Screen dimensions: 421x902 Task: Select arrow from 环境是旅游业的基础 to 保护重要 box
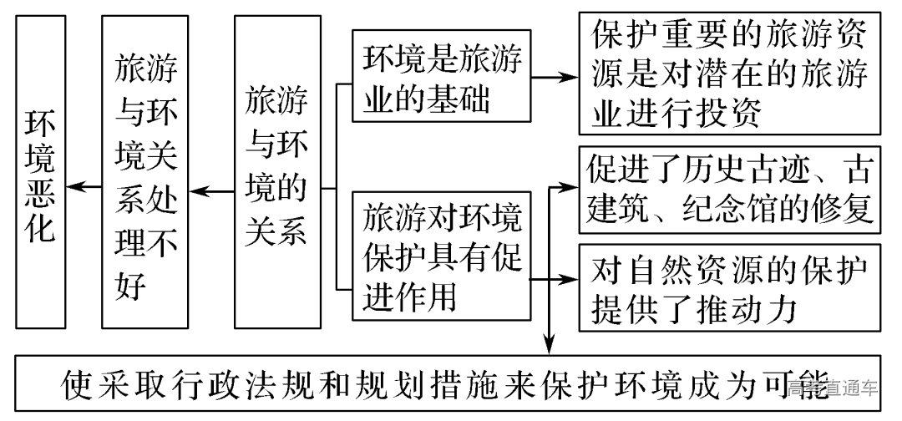556,77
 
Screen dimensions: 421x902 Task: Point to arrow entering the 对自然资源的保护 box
566,280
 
